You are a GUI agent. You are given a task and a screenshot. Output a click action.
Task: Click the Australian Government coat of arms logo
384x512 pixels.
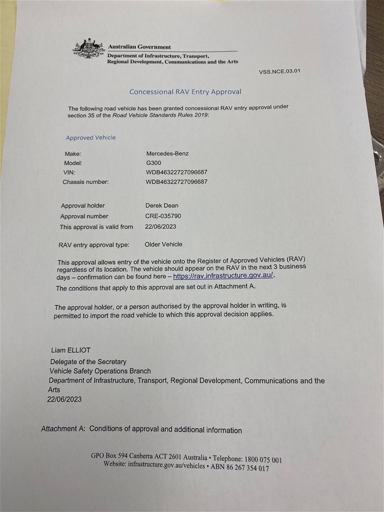89,49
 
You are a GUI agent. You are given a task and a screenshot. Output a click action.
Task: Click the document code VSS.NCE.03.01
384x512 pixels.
279,71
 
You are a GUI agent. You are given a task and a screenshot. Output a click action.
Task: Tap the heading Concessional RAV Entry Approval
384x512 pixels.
185,92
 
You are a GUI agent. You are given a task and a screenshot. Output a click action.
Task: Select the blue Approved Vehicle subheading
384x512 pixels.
90,138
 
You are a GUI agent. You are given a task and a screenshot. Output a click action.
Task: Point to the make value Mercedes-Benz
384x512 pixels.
167,154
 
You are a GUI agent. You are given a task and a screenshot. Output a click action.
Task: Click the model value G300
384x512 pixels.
154,163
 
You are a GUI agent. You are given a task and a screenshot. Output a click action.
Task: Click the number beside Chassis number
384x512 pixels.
176,182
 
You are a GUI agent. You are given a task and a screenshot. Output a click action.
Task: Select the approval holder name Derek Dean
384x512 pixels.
162,205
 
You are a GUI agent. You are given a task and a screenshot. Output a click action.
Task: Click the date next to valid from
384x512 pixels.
161,227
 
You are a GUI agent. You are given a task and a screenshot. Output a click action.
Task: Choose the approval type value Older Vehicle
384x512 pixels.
163,244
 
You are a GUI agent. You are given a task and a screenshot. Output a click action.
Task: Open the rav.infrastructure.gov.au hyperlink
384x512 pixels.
223,276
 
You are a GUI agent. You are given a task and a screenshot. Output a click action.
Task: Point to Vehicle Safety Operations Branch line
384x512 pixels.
100,371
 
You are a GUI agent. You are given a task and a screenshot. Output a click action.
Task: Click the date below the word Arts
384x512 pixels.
64,399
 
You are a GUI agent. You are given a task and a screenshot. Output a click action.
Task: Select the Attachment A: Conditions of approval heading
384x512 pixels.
141,429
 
